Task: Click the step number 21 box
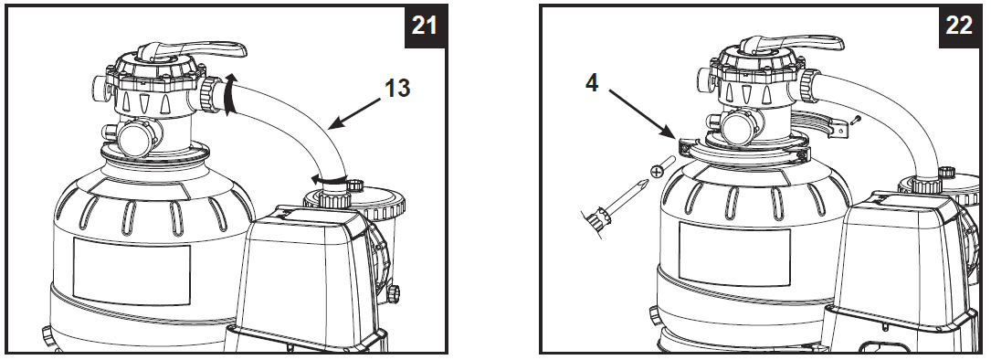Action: pyautogui.click(x=424, y=25)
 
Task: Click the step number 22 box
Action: pyautogui.click(x=959, y=25)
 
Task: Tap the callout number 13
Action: pyautogui.click(x=396, y=89)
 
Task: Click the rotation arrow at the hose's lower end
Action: pyautogui.click(x=328, y=179)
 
